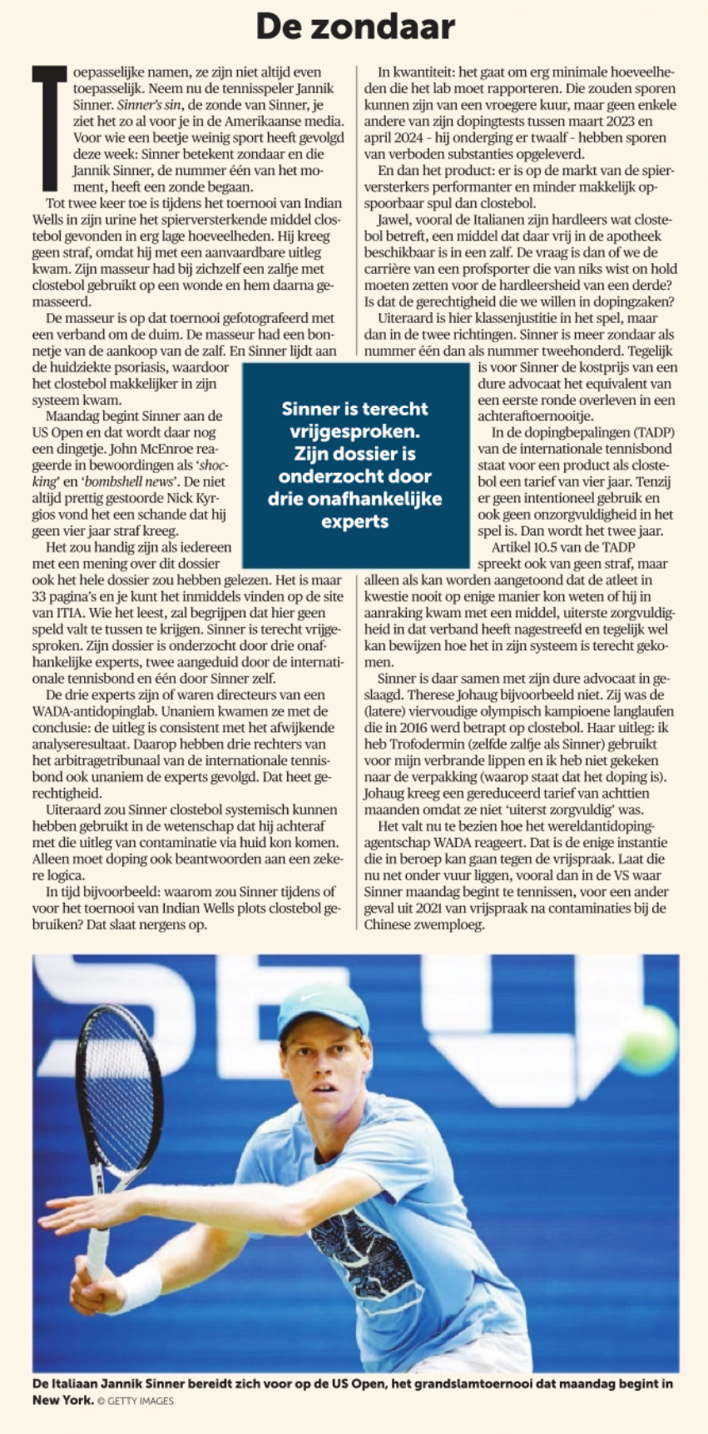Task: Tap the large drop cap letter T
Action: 48,125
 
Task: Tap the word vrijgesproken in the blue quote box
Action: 354,431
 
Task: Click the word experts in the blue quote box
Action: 354,521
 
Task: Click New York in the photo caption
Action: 62,1400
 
